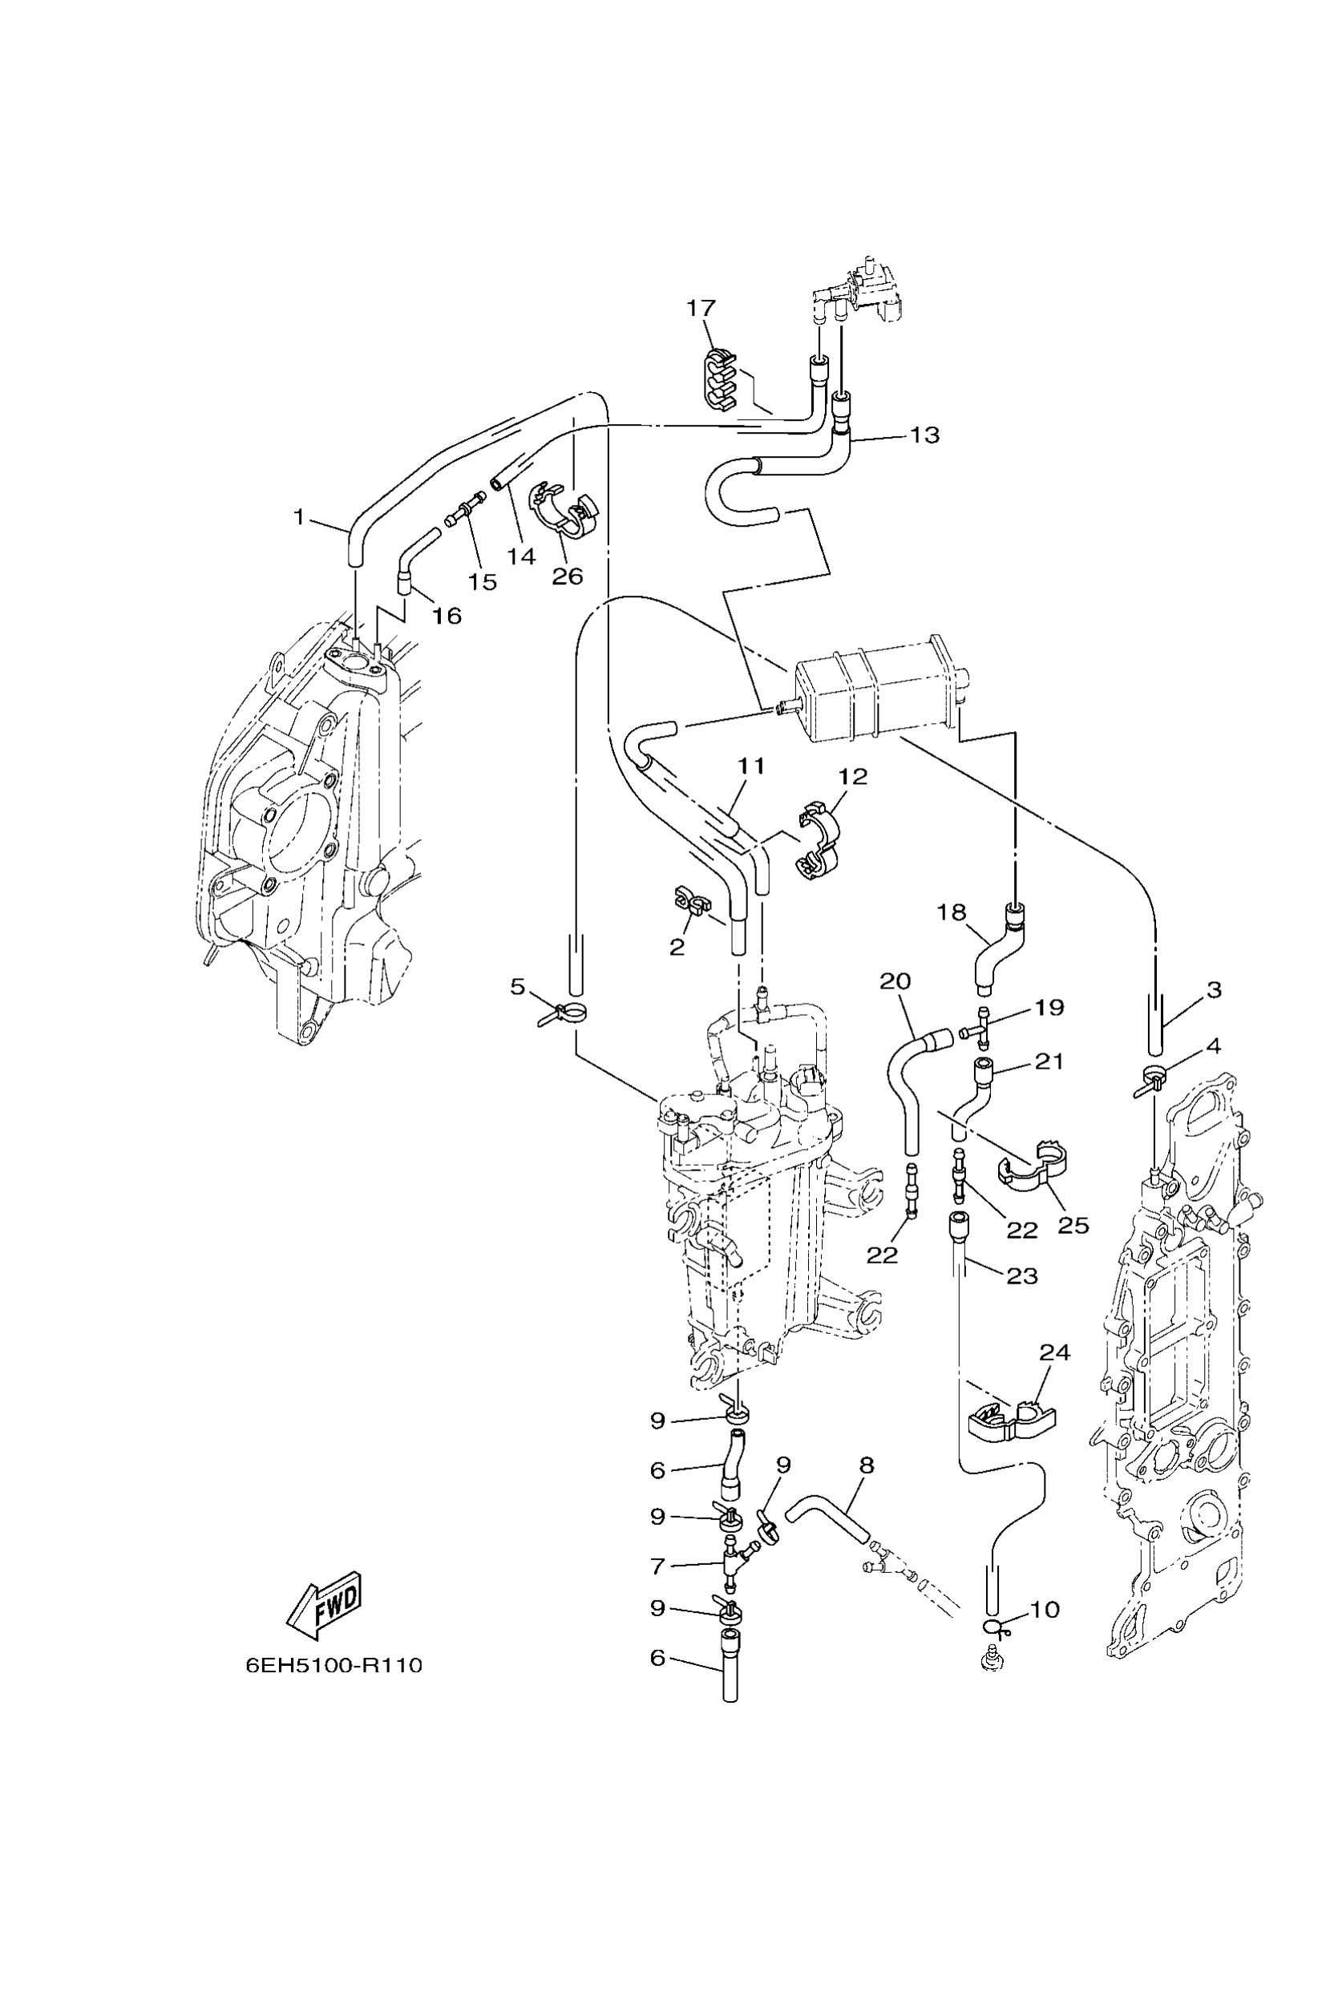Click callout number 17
point(701,309)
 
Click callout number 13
point(925,435)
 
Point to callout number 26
point(568,576)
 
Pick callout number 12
point(853,777)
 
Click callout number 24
point(1054,1353)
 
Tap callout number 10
point(1045,1610)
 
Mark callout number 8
point(867,1465)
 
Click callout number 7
point(658,1566)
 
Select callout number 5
point(518,988)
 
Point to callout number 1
point(298,516)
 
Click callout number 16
point(447,616)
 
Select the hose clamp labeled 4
point(1153,1079)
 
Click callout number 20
point(895,981)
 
